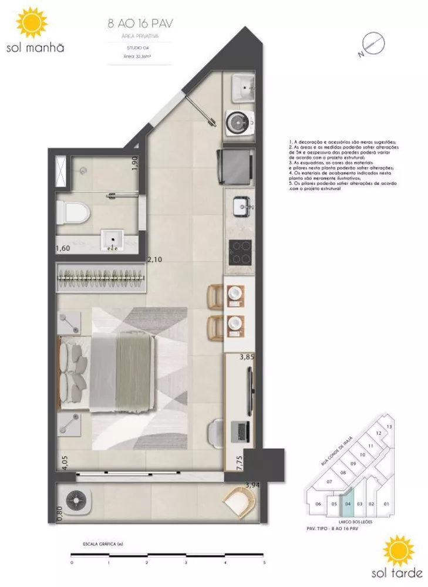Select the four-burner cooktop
pyautogui.click(x=239, y=252)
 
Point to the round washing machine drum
pyautogui.click(x=238, y=122)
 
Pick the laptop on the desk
pyautogui.click(x=241, y=432)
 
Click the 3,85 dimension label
pyautogui.click(x=248, y=356)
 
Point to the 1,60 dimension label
pyautogui.click(x=63, y=249)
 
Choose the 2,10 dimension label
pyautogui.click(x=154, y=259)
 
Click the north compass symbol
pyautogui.click(x=371, y=44)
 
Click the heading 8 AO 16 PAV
pyautogui.click(x=140, y=24)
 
